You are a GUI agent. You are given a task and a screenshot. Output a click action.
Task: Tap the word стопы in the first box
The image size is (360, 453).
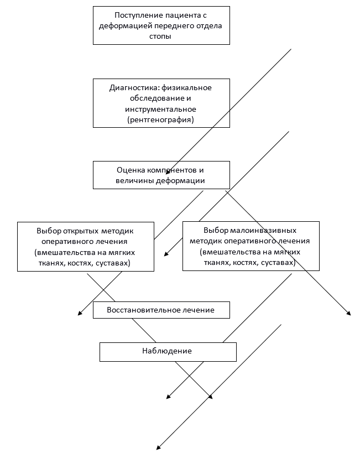161,36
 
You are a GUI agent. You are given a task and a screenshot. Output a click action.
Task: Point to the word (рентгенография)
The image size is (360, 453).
160,119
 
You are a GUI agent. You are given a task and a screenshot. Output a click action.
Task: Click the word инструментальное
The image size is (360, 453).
160,108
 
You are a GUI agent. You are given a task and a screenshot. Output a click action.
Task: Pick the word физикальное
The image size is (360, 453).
187,87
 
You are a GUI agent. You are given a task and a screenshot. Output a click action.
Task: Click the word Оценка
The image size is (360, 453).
130,170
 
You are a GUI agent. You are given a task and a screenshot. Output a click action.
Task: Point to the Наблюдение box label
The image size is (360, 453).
167,351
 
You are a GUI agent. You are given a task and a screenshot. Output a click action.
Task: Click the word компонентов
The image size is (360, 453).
171,170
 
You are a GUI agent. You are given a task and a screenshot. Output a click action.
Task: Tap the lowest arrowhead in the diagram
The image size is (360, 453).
159,447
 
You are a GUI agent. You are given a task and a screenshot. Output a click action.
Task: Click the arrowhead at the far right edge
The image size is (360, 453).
349,314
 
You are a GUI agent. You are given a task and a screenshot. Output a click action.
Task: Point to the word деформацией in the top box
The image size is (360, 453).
123,26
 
